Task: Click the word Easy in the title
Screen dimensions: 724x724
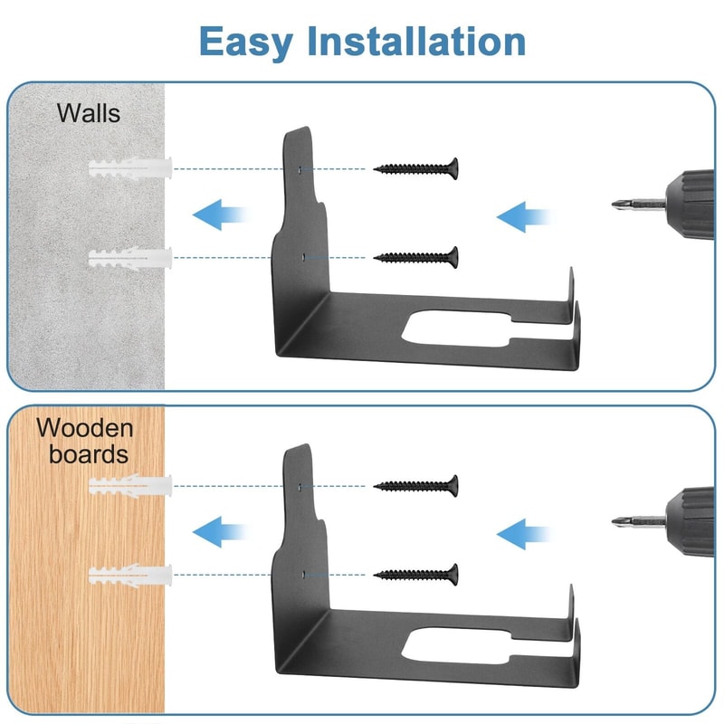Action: (246, 42)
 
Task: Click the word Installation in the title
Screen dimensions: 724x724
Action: (416, 41)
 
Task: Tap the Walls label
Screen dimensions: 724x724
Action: (88, 113)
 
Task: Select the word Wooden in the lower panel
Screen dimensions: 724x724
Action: (84, 428)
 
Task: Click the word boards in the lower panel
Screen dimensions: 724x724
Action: (89, 454)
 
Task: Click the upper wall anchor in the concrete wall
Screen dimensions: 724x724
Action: (130, 168)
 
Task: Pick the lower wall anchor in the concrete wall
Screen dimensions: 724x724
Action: (130, 258)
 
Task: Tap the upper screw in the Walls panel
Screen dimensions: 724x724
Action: (416, 168)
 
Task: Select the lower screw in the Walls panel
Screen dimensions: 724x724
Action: (416, 257)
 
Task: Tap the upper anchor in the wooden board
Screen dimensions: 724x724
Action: (130, 486)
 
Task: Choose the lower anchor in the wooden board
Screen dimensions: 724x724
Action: (130, 576)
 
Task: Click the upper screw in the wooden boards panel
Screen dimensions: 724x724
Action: (416, 486)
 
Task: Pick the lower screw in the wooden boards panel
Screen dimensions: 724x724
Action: (416, 575)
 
